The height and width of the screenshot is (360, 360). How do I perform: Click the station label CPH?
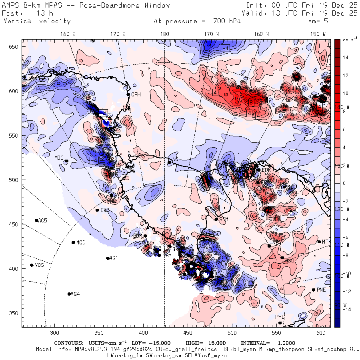[136, 95]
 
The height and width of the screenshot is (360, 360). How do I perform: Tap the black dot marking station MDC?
[66, 161]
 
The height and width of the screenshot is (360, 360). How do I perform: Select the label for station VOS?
[39, 265]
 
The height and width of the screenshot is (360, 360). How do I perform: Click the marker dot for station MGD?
[73, 242]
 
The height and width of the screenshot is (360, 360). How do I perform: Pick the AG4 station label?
[75, 294]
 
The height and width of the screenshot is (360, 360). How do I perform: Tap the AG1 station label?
[114, 258]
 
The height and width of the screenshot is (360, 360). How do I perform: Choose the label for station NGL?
[176, 160]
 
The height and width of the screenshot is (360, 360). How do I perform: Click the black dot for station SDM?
[216, 219]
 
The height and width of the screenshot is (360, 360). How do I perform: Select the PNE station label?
[322, 290]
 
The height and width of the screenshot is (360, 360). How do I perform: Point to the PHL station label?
[280, 317]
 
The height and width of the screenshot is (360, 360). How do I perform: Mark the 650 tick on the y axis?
[15, 47]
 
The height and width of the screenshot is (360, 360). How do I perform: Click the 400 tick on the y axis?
[15, 269]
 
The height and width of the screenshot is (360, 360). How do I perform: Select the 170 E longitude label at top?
[118, 34]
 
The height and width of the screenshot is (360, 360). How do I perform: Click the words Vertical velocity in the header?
[37, 21]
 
